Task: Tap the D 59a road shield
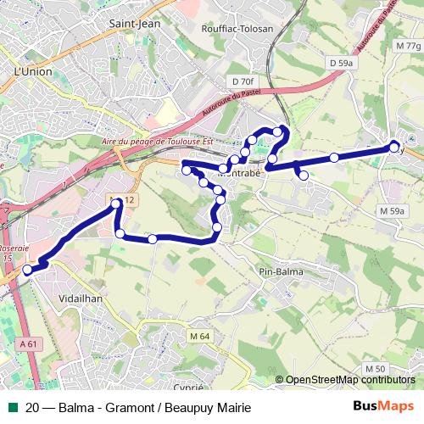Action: [341, 63]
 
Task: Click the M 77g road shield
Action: [407, 45]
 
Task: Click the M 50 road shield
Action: [377, 367]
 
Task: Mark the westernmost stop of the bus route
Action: [28, 270]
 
